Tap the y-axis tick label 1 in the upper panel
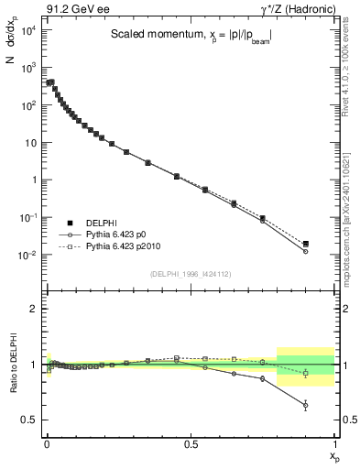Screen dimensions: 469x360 tap(33, 180)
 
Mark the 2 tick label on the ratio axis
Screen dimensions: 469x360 tap(34, 310)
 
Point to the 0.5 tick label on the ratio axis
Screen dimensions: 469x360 tap(28, 420)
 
